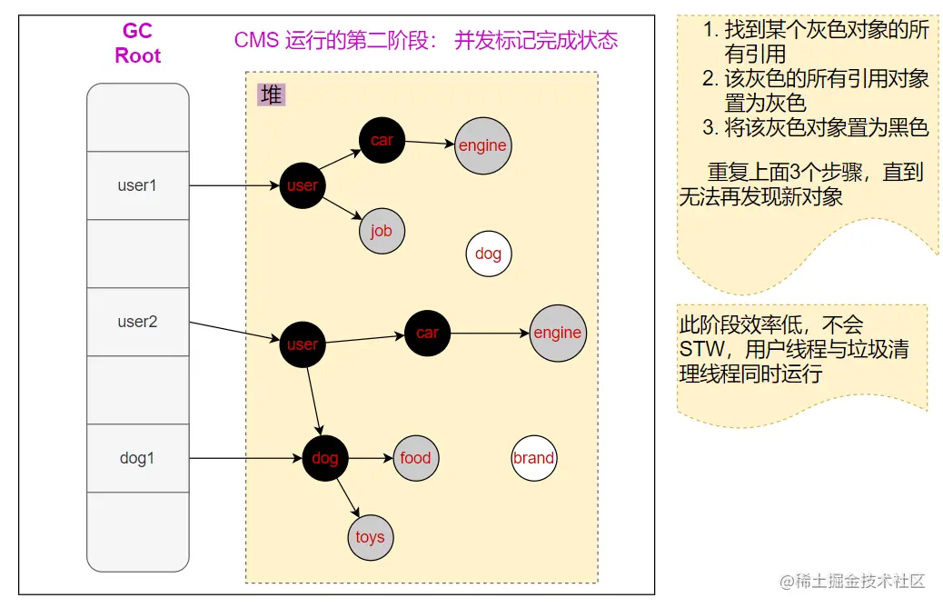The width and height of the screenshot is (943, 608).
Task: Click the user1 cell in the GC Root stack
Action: pyautogui.click(x=137, y=185)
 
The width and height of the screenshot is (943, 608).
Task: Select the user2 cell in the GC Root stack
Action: pyautogui.click(x=137, y=322)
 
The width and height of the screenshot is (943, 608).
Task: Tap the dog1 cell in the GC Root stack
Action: pyautogui.click(x=137, y=458)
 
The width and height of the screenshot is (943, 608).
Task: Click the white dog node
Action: pyautogui.click(x=489, y=254)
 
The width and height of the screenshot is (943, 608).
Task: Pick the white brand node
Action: pyautogui.click(x=533, y=458)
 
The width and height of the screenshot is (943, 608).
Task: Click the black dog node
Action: pyautogui.click(x=324, y=458)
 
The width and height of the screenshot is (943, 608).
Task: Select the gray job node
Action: pyautogui.click(x=382, y=231)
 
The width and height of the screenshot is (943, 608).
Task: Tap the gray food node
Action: pyautogui.click(x=415, y=458)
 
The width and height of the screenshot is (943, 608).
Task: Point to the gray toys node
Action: pyautogui.click(x=370, y=537)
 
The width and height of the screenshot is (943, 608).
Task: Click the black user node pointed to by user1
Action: pyautogui.click(x=302, y=185)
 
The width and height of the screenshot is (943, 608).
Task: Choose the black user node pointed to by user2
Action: pyautogui.click(x=302, y=344)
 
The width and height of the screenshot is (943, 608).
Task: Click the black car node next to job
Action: pyautogui.click(x=382, y=140)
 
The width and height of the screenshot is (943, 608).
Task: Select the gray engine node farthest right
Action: pyautogui.click(x=557, y=333)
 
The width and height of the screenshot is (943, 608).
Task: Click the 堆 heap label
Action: pyautogui.click(x=271, y=95)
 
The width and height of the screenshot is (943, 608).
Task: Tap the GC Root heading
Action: pyautogui.click(x=137, y=43)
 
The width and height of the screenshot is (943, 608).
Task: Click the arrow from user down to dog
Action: pyautogui.click(x=313, y=401)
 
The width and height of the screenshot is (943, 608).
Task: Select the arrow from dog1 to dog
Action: pyautogui.click(x=245, y=458)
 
